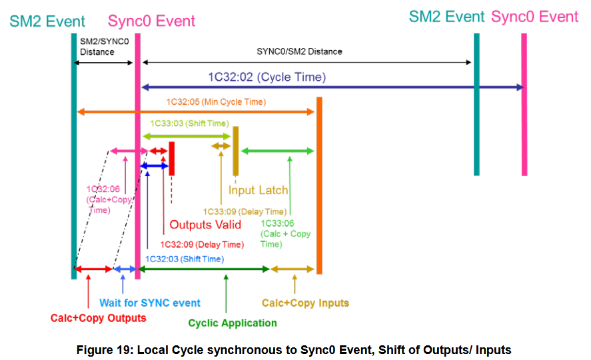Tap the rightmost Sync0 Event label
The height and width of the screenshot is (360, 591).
(534, 17)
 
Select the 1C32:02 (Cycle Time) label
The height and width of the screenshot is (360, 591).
(267, 77)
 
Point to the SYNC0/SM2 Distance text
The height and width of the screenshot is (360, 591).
(299, 51)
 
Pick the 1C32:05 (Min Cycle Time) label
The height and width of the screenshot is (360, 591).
(216, 102)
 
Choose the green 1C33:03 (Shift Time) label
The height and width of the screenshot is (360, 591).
(189, 123)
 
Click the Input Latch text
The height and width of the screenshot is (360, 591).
(259, 191)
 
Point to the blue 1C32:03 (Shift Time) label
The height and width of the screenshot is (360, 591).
(184, 259)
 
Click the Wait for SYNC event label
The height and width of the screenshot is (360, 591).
(150, 303)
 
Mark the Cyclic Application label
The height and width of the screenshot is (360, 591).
(233, 323)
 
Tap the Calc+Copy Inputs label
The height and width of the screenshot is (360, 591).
(305, 303)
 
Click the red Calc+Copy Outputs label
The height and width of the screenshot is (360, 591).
(98, 318)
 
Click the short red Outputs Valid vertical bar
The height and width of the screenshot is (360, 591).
(172, 159)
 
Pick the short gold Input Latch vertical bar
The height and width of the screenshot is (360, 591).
(235, 151)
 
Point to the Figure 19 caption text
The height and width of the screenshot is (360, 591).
(294, 349)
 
